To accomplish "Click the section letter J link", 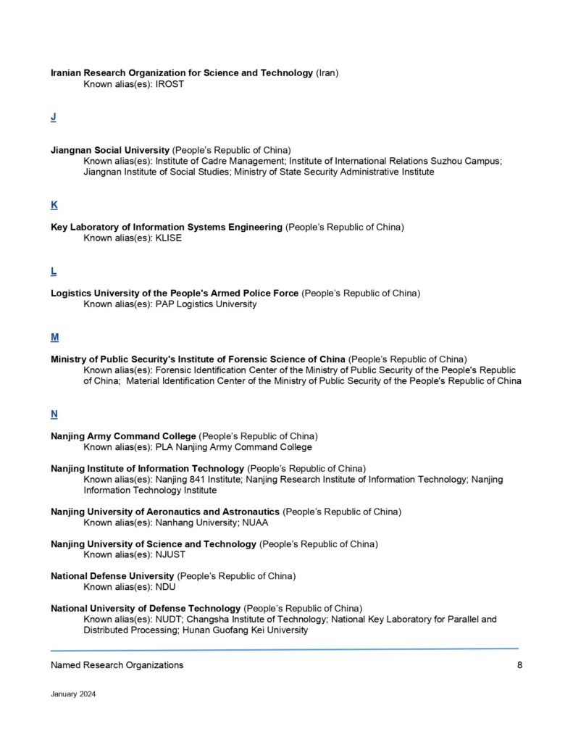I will [x=54, y=117].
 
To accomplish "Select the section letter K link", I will [x=54, y=205].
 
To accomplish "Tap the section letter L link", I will [x=54, y=271].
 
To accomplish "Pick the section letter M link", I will [x=54, y=337].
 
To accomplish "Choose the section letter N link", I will [x=54, y=414].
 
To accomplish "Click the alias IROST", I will [x=170, y=84].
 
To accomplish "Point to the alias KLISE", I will [x=169, y=238].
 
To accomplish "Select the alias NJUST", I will [x=170, y=554].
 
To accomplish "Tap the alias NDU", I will [x=166, y=587].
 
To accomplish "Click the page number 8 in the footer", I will [x=519, y=665].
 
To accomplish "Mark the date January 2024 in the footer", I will [x=73, y=693].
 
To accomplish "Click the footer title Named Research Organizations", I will [x=117, y=665].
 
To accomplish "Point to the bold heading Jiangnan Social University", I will [x=110, y=150].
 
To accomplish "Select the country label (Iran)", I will [x=327, y=73].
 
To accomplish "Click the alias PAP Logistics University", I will [x=206, y=304].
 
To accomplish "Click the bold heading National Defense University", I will [x=112, y=576].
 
